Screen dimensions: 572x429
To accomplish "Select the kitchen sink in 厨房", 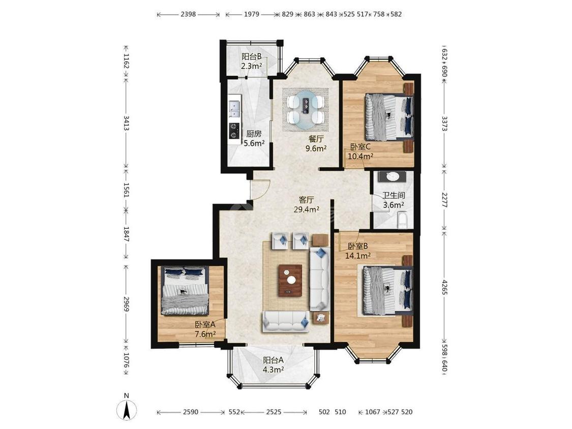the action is coord(234,107).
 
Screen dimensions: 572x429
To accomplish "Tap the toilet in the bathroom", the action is coord(402,220).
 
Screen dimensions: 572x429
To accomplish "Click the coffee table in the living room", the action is coord(290,280).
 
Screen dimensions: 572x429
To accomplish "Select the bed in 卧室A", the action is coord(185,290).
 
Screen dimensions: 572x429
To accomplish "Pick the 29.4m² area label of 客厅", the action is coord(307,209).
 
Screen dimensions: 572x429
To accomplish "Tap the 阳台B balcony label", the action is coord(251,57).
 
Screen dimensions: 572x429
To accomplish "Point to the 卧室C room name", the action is coord(360,147).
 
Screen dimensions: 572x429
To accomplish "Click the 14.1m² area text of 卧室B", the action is coord(358,256).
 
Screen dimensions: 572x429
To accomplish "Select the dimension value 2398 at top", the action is coord(188,14).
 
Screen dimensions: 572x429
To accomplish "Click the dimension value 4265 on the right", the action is coord(444,288).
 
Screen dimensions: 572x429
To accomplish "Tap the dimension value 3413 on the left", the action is coord(126,124).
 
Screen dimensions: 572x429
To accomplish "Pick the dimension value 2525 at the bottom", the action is coord(274,412).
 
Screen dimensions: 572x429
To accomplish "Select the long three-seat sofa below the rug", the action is coord(286,321).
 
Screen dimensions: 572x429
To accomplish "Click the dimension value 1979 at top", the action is coord(252,14).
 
